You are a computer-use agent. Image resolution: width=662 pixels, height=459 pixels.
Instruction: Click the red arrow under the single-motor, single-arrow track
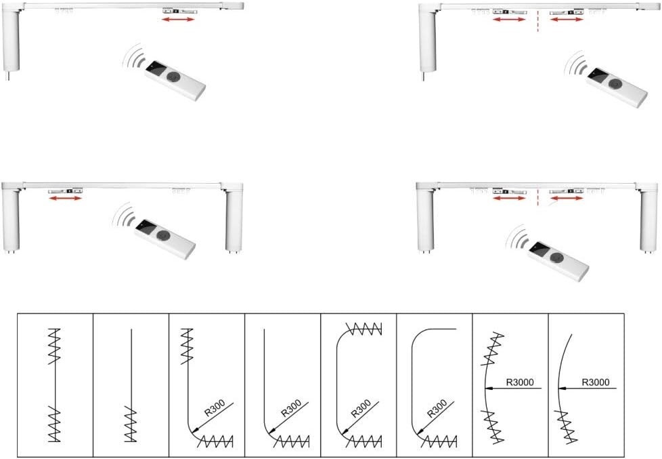tap(178, 19)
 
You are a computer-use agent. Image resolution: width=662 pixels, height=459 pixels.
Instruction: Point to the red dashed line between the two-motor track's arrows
tap(537, 197)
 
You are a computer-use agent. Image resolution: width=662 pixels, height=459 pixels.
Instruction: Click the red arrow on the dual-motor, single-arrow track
tap(65, 197)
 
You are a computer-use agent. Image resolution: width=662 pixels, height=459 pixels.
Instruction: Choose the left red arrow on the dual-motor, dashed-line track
tap(509, 197)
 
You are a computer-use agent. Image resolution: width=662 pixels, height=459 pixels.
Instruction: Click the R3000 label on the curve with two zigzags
tap(520, 382)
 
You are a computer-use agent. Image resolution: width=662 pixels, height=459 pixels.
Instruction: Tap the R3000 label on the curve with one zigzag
tap(596, 382)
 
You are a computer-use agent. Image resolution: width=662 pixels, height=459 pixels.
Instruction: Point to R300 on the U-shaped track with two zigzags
tap(361, 408)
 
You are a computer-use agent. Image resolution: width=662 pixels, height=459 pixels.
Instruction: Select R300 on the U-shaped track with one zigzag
tap(437, 408)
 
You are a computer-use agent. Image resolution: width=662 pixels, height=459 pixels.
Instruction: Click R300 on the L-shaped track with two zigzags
tap(215, 408)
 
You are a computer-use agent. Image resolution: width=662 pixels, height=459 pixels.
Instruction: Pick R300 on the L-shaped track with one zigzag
tap(291, 408)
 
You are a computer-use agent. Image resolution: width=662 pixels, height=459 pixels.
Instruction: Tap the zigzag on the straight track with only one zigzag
tap(131, 424)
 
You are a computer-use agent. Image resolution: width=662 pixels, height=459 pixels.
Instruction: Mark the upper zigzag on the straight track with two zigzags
tap(54, 346)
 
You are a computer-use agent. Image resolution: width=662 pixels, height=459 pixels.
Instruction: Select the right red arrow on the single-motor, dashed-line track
tap(567, 19)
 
